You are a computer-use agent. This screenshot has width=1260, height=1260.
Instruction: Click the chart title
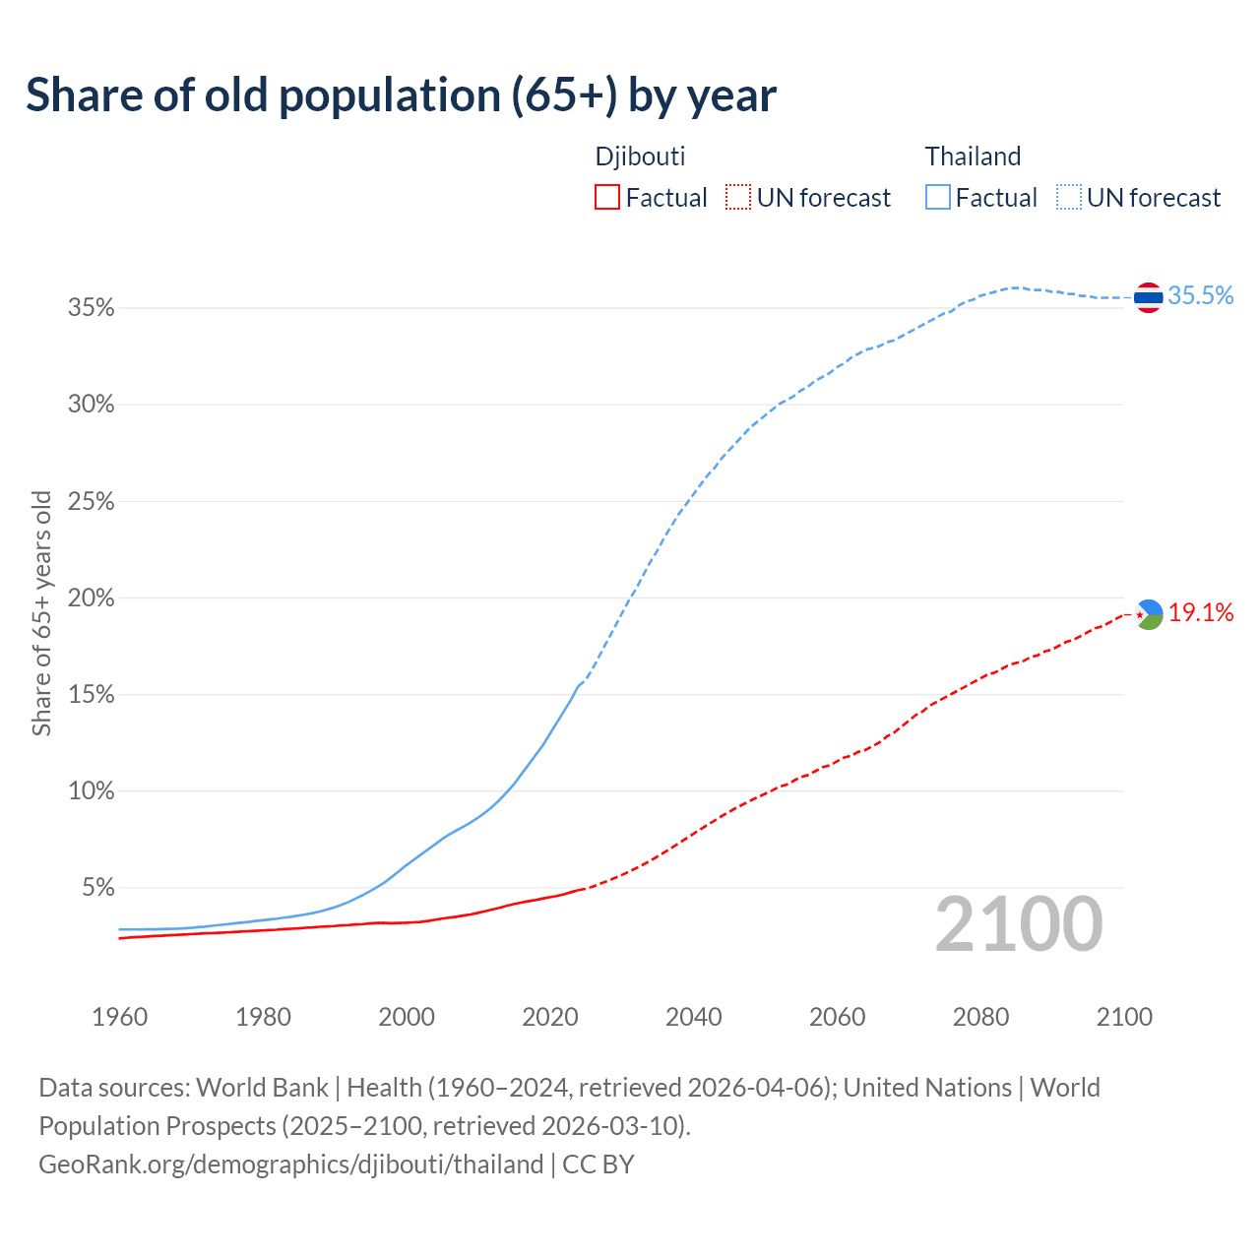[401, 95]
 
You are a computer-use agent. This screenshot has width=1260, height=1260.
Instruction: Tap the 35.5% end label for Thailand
[1200, 295]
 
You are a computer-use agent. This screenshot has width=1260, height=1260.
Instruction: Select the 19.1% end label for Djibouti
[1201, 612]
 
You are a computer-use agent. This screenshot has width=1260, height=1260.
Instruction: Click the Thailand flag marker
[1149, 296]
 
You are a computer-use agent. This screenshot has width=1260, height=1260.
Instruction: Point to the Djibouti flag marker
[1149, 614]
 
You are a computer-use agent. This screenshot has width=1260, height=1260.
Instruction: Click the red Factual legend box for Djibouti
[607, 198]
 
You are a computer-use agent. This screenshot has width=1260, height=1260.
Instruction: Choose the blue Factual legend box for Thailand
[937, 198]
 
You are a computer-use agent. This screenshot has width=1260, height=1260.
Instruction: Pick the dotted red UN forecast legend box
[738, 198]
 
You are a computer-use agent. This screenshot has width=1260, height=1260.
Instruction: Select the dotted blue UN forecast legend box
[1068, 198]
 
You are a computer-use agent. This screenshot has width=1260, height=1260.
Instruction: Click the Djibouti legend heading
[640, 157]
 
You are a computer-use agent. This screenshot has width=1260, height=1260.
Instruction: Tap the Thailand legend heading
[973, 157]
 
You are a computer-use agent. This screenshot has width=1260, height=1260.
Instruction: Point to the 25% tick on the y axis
[92, 502]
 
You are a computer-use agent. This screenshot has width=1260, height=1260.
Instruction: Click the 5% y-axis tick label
[97, 888]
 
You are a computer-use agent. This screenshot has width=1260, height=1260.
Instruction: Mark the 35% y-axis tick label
[92, 308]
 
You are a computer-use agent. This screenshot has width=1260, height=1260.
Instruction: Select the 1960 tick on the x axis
[119, 1016]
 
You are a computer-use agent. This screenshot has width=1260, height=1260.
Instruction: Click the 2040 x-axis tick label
[693, 1016]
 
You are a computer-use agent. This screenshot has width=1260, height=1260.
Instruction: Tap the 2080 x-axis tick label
[980, 1016]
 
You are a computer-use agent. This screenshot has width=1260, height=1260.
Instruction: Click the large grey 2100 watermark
[1019, 924]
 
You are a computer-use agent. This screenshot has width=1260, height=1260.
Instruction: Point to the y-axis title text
[41, 612]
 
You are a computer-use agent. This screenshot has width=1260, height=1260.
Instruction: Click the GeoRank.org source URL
[291, 1165]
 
